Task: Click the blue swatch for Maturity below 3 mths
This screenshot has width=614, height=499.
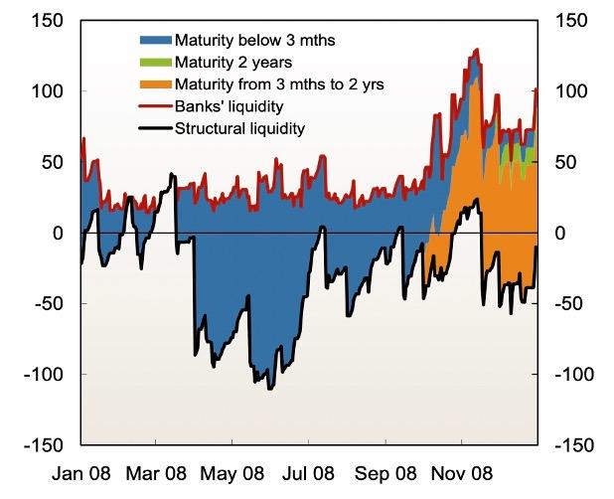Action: tap(154, 41)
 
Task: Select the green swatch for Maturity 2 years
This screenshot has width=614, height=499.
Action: tap(154, 63)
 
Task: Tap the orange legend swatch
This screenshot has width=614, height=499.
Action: tap(154, 84)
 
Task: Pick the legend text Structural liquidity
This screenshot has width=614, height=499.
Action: tap(239, 128)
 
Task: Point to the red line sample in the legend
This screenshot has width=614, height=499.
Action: tap(154, 106)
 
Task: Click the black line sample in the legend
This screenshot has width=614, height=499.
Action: tap(154, 128)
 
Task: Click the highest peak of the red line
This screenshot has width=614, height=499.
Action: tap(478, 49)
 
